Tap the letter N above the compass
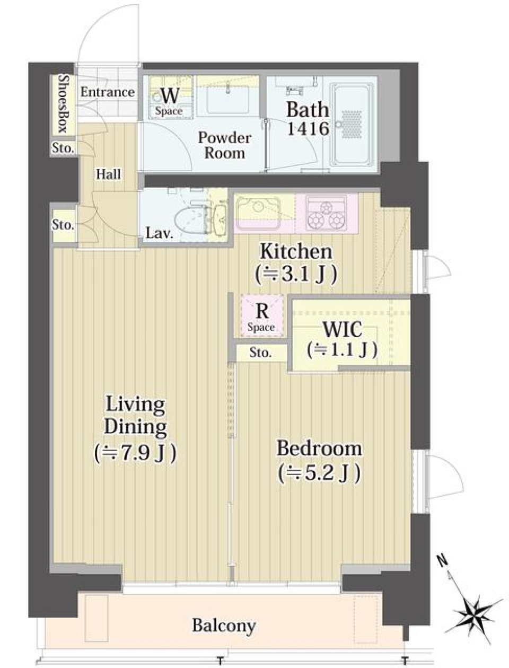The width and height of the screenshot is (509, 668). click(442, 559)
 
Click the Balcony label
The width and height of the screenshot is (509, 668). click(224, 626)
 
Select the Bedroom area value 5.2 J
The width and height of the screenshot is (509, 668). click(320, 472)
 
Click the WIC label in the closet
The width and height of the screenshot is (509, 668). click(342, 330)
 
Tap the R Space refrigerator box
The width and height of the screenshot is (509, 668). click(261, 317)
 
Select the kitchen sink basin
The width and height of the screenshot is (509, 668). click(258, 212)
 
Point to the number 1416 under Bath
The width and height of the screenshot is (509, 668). click(308, 128)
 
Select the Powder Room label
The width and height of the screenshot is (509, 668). click(224, 145)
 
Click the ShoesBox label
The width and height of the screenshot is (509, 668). click(63, 103)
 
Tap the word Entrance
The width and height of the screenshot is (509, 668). click(108, 92)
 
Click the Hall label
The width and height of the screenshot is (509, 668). click(108, 174)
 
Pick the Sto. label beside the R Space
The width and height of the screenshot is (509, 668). click(260, 353)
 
